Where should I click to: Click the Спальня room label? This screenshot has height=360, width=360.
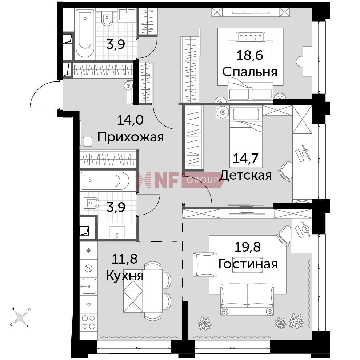(249, 72)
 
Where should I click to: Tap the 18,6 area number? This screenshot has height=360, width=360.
(249, 56)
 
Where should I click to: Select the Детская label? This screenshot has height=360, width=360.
(246, 175)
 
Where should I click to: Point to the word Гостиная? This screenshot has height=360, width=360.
(248, 264)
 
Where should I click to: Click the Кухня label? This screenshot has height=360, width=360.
(125, 276)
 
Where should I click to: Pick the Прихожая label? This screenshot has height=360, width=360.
(131, 137)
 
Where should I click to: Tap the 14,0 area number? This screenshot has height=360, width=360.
(130, 120)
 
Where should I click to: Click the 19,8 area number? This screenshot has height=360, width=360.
(248, 247)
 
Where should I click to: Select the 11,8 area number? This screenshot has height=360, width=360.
(124, 259)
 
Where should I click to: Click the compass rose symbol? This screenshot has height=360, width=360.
(21, 317)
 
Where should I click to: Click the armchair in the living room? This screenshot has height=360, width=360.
(205, 265)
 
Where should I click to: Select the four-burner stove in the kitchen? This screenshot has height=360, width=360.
(89, 322)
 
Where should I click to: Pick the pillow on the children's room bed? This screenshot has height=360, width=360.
(246, 114)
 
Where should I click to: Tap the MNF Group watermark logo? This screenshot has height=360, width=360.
(180, 180)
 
